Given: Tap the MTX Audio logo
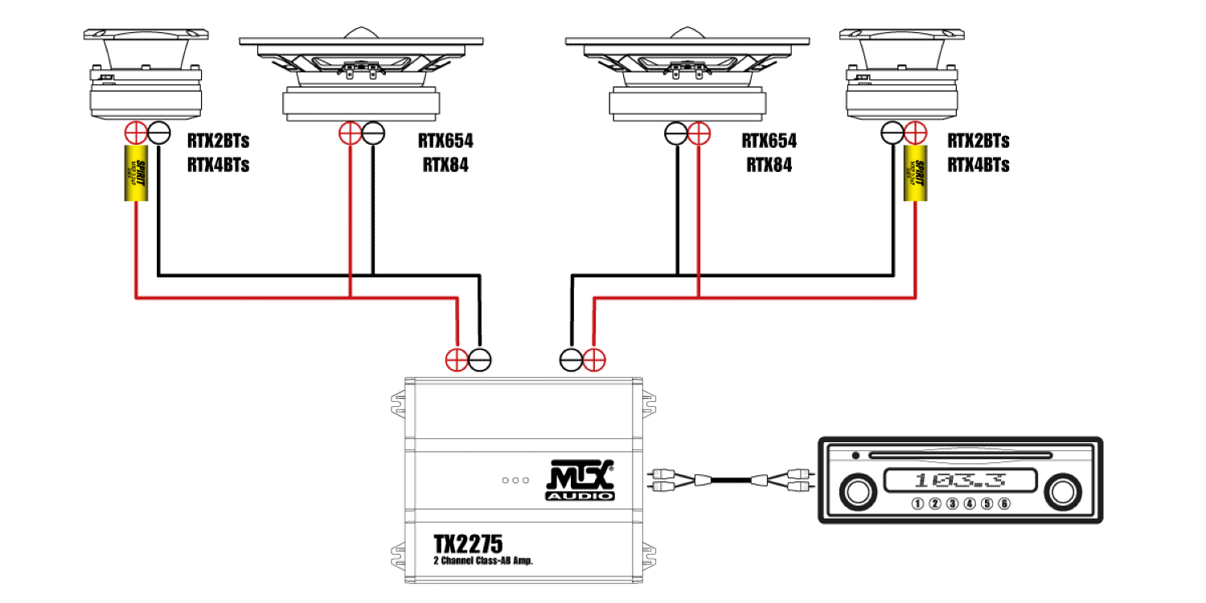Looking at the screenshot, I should click(x=580, y=480).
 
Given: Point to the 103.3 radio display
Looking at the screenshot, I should click(x=958, y=482).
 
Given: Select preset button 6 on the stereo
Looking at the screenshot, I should click(x=1003, y=504).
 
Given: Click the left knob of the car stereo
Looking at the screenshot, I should click(x=859, y=490).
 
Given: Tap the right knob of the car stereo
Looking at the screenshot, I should click(x=1061, y=490).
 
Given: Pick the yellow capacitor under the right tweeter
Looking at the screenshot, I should click(x=914, y=174).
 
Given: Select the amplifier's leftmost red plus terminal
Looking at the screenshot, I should click(x=457, y=359).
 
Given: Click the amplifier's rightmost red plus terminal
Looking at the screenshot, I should click(x=594, y=359).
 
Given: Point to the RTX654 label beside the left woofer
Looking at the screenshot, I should click(x=445, y=142).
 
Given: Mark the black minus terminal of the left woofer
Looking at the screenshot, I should click(x=373, y=133).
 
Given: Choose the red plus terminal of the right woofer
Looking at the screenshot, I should click(x=699, y=133).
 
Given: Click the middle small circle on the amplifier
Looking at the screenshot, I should click(x=515, y=480).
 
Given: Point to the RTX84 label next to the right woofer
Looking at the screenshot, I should click(x=769, y=166).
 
